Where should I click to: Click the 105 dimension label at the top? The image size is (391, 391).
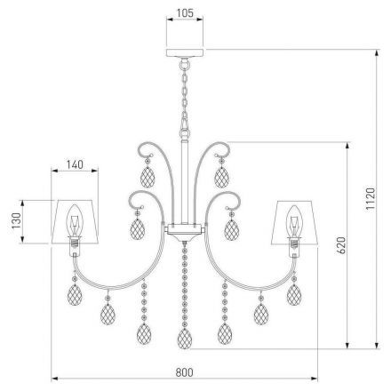pos(185,13)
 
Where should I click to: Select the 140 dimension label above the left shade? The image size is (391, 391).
pos(75,164)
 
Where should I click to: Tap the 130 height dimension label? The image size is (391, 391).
pos(16,220)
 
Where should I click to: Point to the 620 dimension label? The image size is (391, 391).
pos(341,245)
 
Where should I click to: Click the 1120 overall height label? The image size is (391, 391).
pos(371,199)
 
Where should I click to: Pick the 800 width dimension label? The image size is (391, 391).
pos(184,372)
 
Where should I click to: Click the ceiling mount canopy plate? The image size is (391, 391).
pos(185,52)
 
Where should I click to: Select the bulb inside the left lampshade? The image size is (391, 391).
pos(75,221)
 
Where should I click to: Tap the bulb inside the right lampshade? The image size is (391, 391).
pos(294,222)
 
